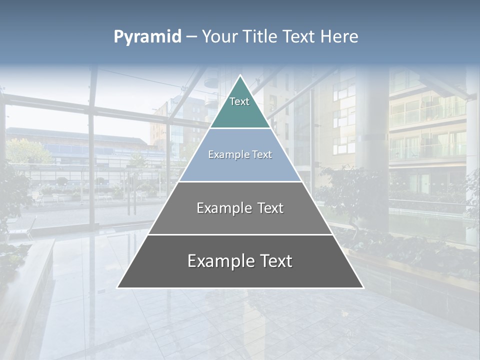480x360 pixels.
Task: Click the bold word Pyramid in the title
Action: pos(147,36)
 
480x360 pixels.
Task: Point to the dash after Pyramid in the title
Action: pos(191,37)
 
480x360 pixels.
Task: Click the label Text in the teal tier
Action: pos(239,101)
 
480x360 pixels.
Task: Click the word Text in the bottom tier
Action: pos(274,261)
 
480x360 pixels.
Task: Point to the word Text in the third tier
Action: pos(269,208)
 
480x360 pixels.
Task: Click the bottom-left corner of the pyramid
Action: pos(117,287)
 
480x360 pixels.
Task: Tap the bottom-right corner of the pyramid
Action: pos(363,287)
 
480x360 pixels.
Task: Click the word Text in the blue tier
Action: pos(261,155)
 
